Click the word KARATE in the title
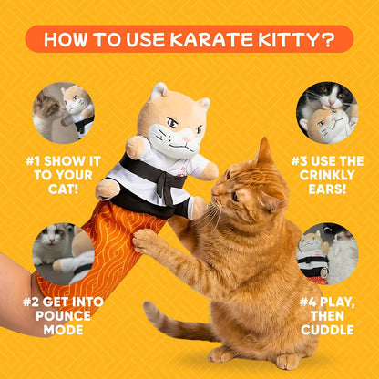point(210,39)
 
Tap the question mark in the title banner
point(328,39)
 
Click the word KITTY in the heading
point(286,39)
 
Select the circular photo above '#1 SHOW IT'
point(63,113)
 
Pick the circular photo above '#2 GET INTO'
point(63,254)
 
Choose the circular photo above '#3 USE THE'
point(327,113)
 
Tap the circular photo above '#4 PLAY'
point(327,254)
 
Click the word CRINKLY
point(327,175)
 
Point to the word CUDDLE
point(327,330)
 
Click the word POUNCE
point(63,316)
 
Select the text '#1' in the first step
point(33,161)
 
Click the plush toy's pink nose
point(187,139)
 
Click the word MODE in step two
point(63,330)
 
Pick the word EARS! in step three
point(327,189)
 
